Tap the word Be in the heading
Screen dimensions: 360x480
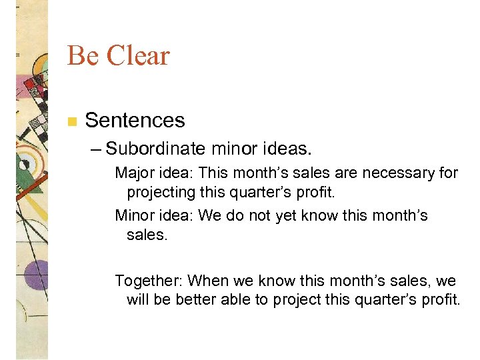(82, 56)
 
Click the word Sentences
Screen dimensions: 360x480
(135, 121)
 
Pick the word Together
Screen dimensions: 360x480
(149, 280)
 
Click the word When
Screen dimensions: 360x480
(209, 280)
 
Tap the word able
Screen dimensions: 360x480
(238, 299)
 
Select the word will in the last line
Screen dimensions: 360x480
(138, 299)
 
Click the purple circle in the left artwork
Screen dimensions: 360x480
(35, 273)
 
